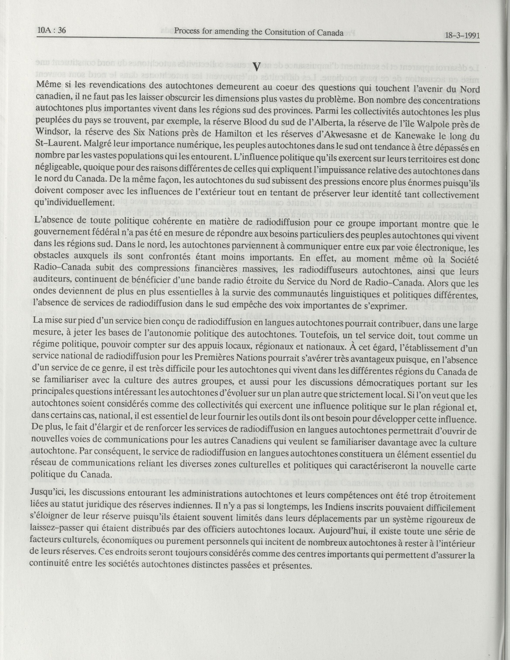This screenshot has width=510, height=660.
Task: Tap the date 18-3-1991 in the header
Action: coord(462,35)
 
